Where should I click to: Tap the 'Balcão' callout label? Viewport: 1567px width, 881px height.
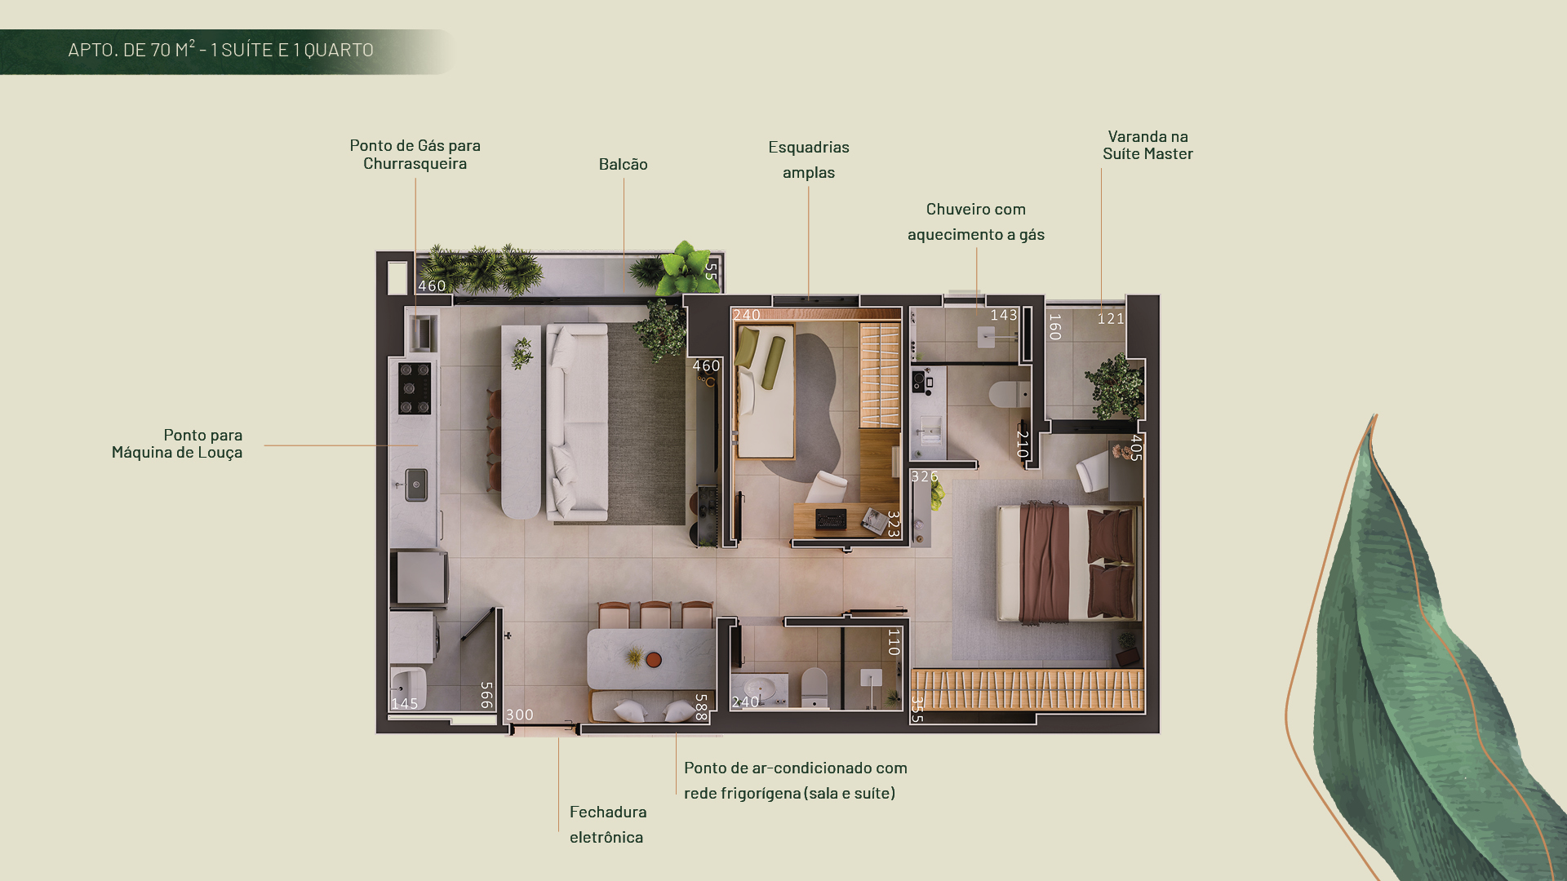[x=624, y=164]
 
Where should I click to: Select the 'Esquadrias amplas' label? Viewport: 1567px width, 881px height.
[x=809, y=159]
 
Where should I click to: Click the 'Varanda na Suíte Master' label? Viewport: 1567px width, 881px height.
[x=1148, y=145]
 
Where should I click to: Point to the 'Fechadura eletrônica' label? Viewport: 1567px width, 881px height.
[x=608, y=824]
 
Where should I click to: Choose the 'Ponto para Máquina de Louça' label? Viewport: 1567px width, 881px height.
[x=177, y=443]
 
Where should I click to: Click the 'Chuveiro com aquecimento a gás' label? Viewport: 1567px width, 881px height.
[x=976, y=222]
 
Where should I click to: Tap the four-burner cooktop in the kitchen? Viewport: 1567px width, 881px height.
[x=415, y=388]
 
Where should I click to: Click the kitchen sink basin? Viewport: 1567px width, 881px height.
[x=416, y=485]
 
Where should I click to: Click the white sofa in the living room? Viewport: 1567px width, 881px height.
[x=577, y=422]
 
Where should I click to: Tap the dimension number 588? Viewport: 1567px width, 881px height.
[x=700, y=707]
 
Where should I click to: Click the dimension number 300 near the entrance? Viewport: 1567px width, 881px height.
[x=520, y=715]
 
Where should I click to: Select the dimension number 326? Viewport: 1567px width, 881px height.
[x=925, y=476]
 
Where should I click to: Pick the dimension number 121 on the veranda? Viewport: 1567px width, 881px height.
[x=1111, y=319]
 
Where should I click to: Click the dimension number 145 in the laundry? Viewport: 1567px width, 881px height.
[x=405, y=703]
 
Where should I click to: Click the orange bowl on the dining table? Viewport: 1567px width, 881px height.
[x=654, y=659]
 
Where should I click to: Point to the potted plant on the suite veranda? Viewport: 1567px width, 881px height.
[x=1114, y=386]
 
